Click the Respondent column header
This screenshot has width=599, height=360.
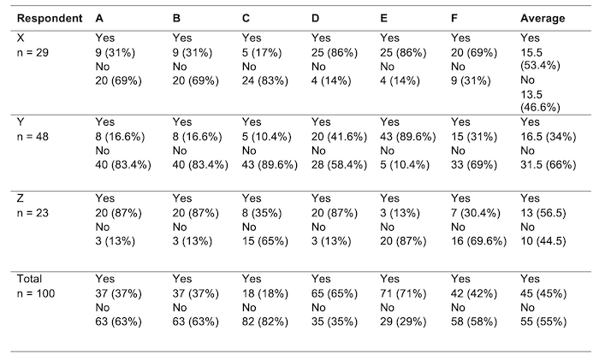tap(50, 18)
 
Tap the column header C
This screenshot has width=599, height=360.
tap(247, 18)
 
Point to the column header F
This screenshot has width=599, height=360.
tap(454, 18)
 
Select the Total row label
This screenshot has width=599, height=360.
tap(32, 278)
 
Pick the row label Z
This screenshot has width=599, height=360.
tap(21, 198)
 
